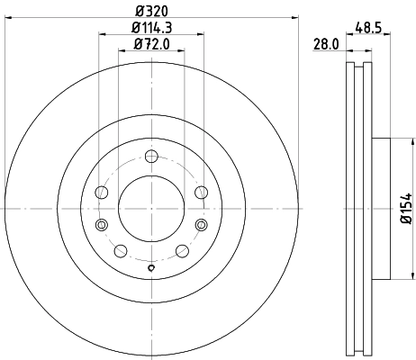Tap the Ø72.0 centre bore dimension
click(x=151, y=43)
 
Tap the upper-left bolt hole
click(x=102, y=191)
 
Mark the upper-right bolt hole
click(x=201, y=191)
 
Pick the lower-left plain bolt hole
click(x=121, y=249)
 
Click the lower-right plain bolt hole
click(x=182, y=249)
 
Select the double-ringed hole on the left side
click(x=102, y=224)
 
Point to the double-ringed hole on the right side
click(x=201, y=224)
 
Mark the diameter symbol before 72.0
click(x=137, y=43)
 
